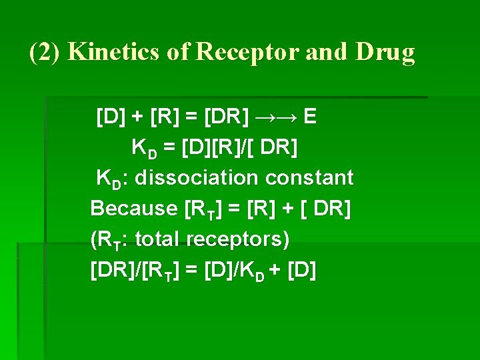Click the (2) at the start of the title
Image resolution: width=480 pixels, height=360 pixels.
pyautogui.click(x=46, y=52)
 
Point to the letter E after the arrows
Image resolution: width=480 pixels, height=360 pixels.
pyautogui.click(x=309, y=117)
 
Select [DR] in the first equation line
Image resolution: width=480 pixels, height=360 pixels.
pyautogui.click(x=227, y=117)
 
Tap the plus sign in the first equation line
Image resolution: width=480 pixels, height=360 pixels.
pyautogui.click(x=137, y=117)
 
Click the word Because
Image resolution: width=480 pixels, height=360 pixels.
pyautogui.click(x=133, y=208)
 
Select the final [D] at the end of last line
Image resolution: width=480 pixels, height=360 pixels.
pyautogui.click(x=302, y=270)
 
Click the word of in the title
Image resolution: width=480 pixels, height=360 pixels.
pyautogui.click(x=179, y=52)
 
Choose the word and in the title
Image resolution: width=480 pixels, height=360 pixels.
pyautogui.click(x=326, y=52)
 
